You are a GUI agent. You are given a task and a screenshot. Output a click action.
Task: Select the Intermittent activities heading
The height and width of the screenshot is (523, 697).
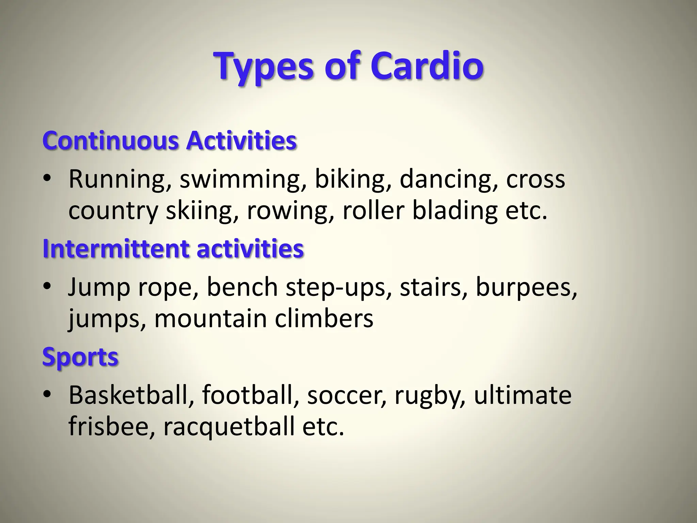pyautogui.click(x=173, y=249)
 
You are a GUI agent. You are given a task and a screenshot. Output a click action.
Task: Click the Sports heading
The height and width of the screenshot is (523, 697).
pyautogui.click(x=80, y=357)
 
